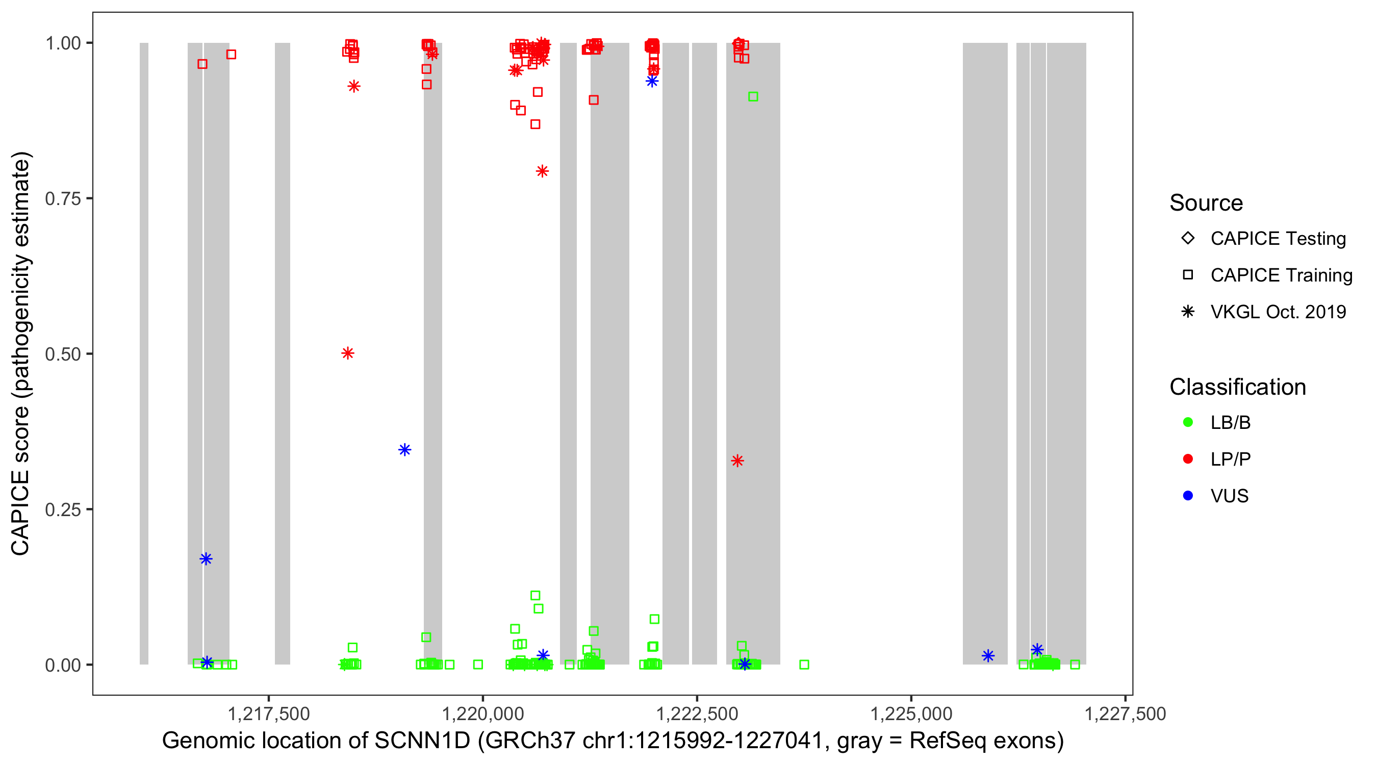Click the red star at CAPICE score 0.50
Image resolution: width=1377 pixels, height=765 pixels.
tap(347, 353)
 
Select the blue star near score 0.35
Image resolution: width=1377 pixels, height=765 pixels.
tap(404, 450)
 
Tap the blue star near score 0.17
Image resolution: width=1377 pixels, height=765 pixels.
tap(206, 559)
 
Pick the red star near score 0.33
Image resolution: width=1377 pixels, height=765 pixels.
tap(737, 461)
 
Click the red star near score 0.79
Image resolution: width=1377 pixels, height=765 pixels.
tap(542, 171)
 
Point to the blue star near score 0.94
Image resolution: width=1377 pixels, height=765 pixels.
tap(652, 81)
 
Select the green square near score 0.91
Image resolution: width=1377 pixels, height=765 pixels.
tap(753, 97)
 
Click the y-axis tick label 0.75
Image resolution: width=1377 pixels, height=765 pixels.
tap(62, 199)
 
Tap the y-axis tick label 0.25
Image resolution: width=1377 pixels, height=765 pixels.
tap(62, 510)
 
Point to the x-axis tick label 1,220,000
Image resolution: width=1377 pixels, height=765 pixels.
tap(482, 713)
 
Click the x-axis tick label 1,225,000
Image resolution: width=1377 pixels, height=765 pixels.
tap(911, 713)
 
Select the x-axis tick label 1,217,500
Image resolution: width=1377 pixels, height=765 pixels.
tap(268, 713)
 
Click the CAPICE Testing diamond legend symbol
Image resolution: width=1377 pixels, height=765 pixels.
tap(1188, 238)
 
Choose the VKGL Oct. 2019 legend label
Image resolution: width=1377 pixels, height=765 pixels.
tap(1278, 312)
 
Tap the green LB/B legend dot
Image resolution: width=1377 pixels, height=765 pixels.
tap(1188, 422)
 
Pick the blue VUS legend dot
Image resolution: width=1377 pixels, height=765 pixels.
tap(1188, 496)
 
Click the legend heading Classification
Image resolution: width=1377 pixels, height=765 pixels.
tap(1237, 387)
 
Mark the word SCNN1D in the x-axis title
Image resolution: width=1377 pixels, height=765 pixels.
tap(422, 741)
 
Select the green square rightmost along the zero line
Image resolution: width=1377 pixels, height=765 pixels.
tap(1075, 665)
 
